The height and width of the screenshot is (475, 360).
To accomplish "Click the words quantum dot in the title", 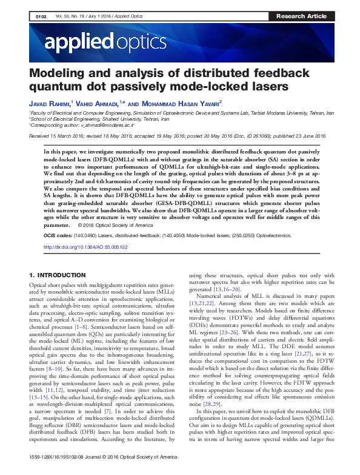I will click(65, 87).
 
